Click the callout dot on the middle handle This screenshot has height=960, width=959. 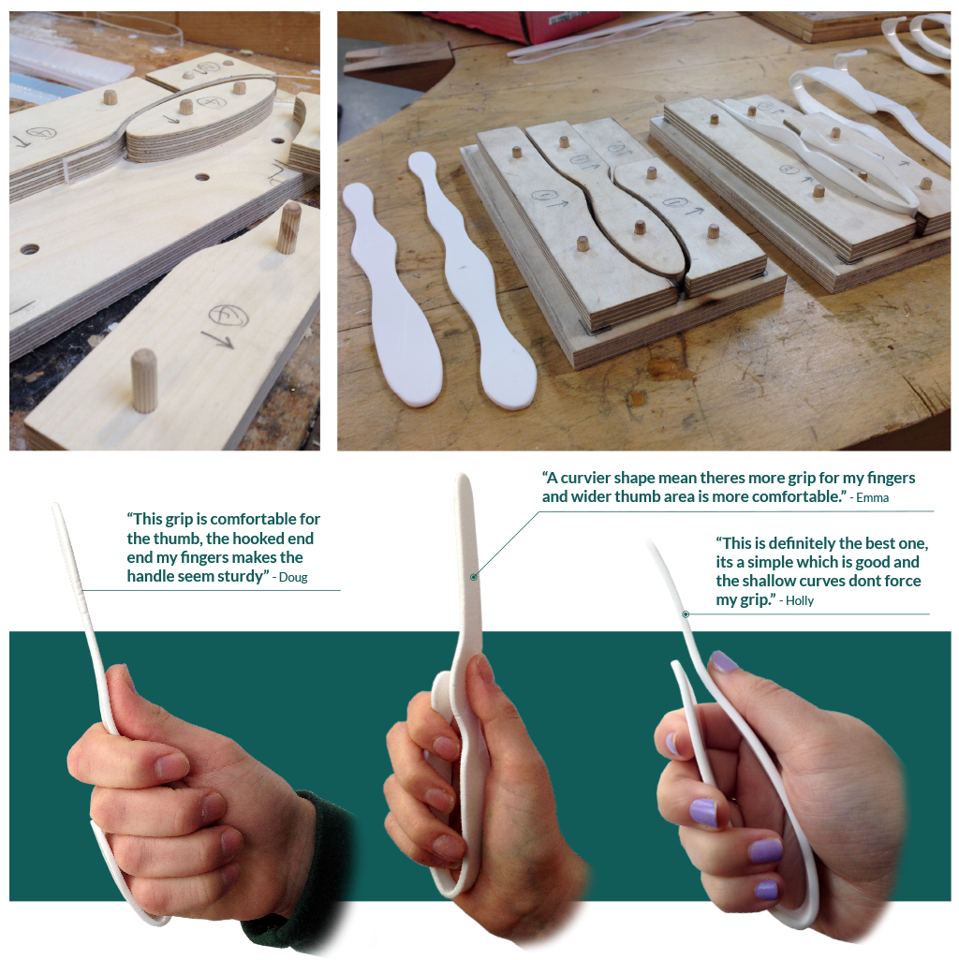475,577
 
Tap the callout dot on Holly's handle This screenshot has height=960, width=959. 686,614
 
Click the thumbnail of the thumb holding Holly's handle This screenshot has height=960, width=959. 722,662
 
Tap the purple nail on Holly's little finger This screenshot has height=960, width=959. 766,889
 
